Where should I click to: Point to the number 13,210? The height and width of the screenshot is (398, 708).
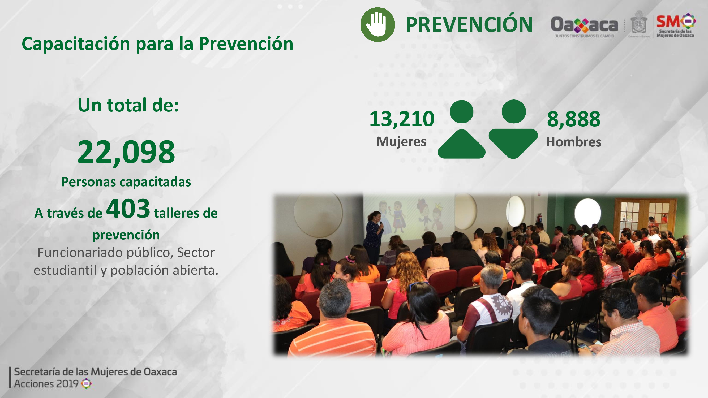(x=402, y=119)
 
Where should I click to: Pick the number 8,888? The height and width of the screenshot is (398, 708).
(x=574, y=119)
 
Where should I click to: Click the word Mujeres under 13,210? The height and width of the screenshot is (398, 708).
(x=401, y=141)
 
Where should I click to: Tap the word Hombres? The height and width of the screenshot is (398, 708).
(x=574, y=142)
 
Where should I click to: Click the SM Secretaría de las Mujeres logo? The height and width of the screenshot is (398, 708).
(x=676, y=25)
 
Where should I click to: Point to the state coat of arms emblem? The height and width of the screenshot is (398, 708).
(x=638, y=24)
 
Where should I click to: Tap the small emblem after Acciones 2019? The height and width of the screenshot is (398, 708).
(x=86, y=383)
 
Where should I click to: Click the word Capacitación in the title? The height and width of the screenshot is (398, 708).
(x=76, y=44)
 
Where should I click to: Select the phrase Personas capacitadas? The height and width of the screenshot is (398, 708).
(x=126, y=182)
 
